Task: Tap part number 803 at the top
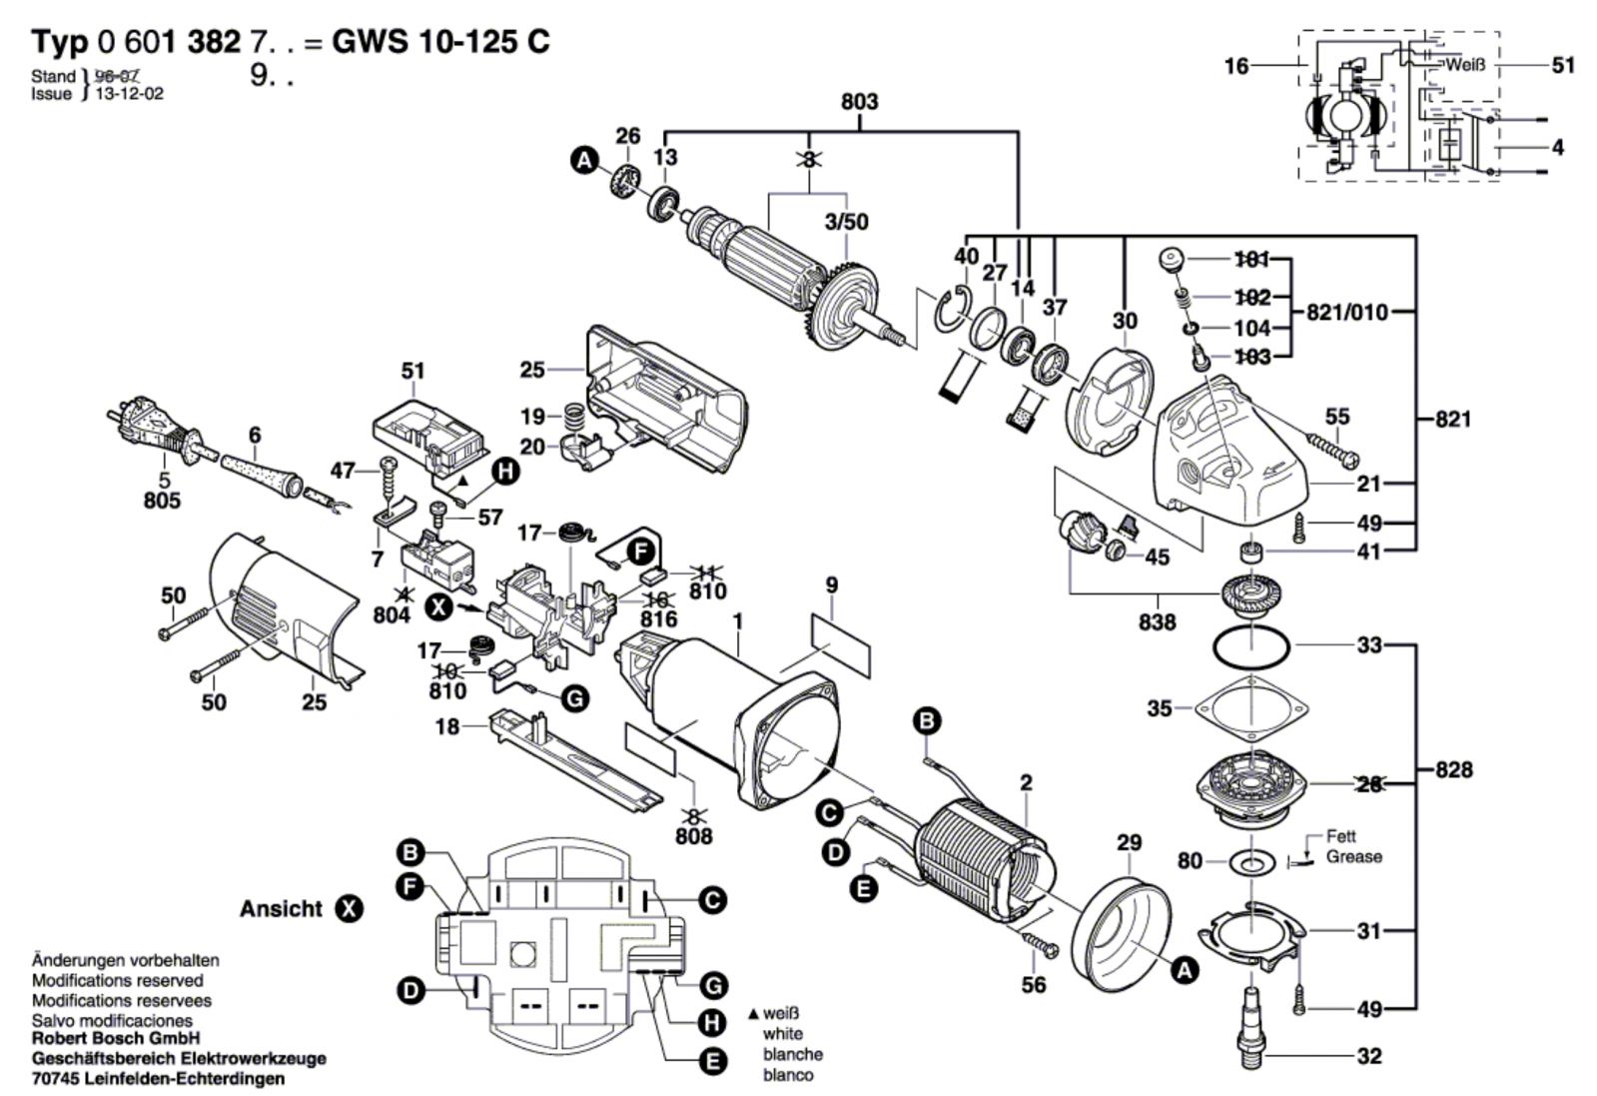859,102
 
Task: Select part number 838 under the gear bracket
1158,621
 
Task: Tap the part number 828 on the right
1453,770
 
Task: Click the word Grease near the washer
1354,857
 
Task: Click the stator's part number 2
1026,782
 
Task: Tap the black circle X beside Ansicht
349,909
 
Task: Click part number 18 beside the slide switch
447,727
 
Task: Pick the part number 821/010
1347,313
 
